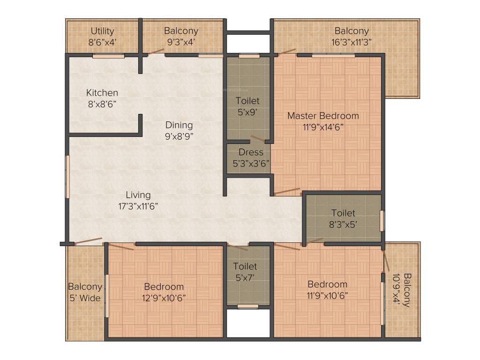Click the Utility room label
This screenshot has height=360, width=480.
(x=103, y=31)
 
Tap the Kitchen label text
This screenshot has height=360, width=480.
(x=102, y=93)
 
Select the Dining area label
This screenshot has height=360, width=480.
(x=179, y=125)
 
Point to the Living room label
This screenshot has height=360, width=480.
(x=138, y=195)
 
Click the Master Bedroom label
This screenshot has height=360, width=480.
(x=323, y=116)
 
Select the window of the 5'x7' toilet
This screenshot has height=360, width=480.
(x=247, y=307)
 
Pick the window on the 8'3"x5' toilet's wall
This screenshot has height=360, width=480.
(x=382, y=221)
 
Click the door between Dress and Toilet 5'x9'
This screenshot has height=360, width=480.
(x=257, y=139)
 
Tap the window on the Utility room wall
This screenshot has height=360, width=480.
(x=108, y=56)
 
